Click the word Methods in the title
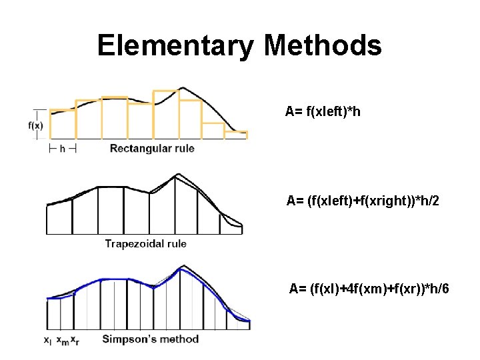tap(323, 46)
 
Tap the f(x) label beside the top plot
tap(36, 125)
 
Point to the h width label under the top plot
tap(63, 149)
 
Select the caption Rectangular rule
tap(152, 148)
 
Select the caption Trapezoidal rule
tap(145, 243)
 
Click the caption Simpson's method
tap(150, 339)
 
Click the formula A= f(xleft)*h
tap(323, 111)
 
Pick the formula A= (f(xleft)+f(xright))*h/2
tap(363, 201)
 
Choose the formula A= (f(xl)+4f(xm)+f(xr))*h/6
tap(369, 289)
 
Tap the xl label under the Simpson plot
tap(47, 340)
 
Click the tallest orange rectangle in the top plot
tap(167, 115)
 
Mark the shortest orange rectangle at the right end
tap(235, 135)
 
